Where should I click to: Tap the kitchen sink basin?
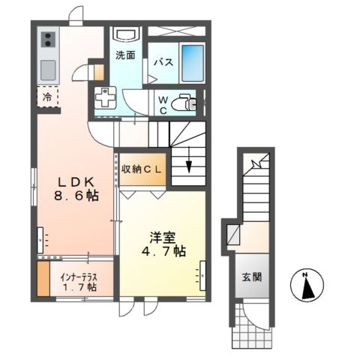tap(46, 70)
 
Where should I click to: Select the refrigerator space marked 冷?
tap(46, 97)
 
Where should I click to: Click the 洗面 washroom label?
tap(124, 55)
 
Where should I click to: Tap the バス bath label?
tap(164, 64)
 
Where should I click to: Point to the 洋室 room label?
tap(160, 238)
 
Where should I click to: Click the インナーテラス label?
tap(79, 275)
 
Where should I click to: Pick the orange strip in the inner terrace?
tap(43, 278)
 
